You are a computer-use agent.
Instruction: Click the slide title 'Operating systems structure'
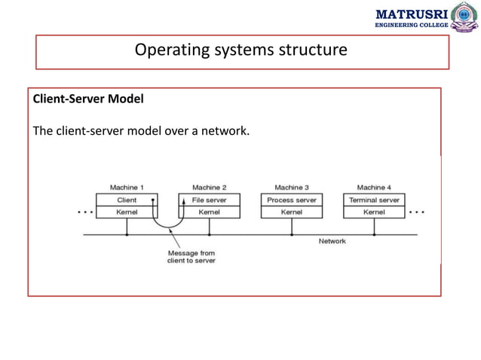coord(240,50)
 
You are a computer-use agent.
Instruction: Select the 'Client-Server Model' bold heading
coord(79,99)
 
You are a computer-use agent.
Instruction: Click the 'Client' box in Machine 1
coord(127,200)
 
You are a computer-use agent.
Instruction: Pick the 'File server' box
coord(209,200)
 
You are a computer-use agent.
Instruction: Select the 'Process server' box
coord(291,200)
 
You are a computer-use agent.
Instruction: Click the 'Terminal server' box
coord(374,200)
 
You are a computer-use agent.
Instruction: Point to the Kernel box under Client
coord(127,212)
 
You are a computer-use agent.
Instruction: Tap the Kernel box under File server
coord(209,212)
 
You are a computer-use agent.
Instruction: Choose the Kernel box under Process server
coord(291,212)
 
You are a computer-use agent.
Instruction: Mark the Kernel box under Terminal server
coord(374,212)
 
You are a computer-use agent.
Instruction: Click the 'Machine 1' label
coord(127,187)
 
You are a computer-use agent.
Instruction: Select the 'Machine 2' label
coord(209,187)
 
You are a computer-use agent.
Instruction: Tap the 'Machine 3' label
coord(291,187)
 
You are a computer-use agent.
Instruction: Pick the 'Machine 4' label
coord(374,187)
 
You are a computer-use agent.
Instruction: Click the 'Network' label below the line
coord(332,241)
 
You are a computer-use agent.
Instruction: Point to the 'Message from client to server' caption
coord(191,257)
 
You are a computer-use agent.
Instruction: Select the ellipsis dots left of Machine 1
coord(86,212)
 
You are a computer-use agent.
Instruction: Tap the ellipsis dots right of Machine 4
coord(416,212)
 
